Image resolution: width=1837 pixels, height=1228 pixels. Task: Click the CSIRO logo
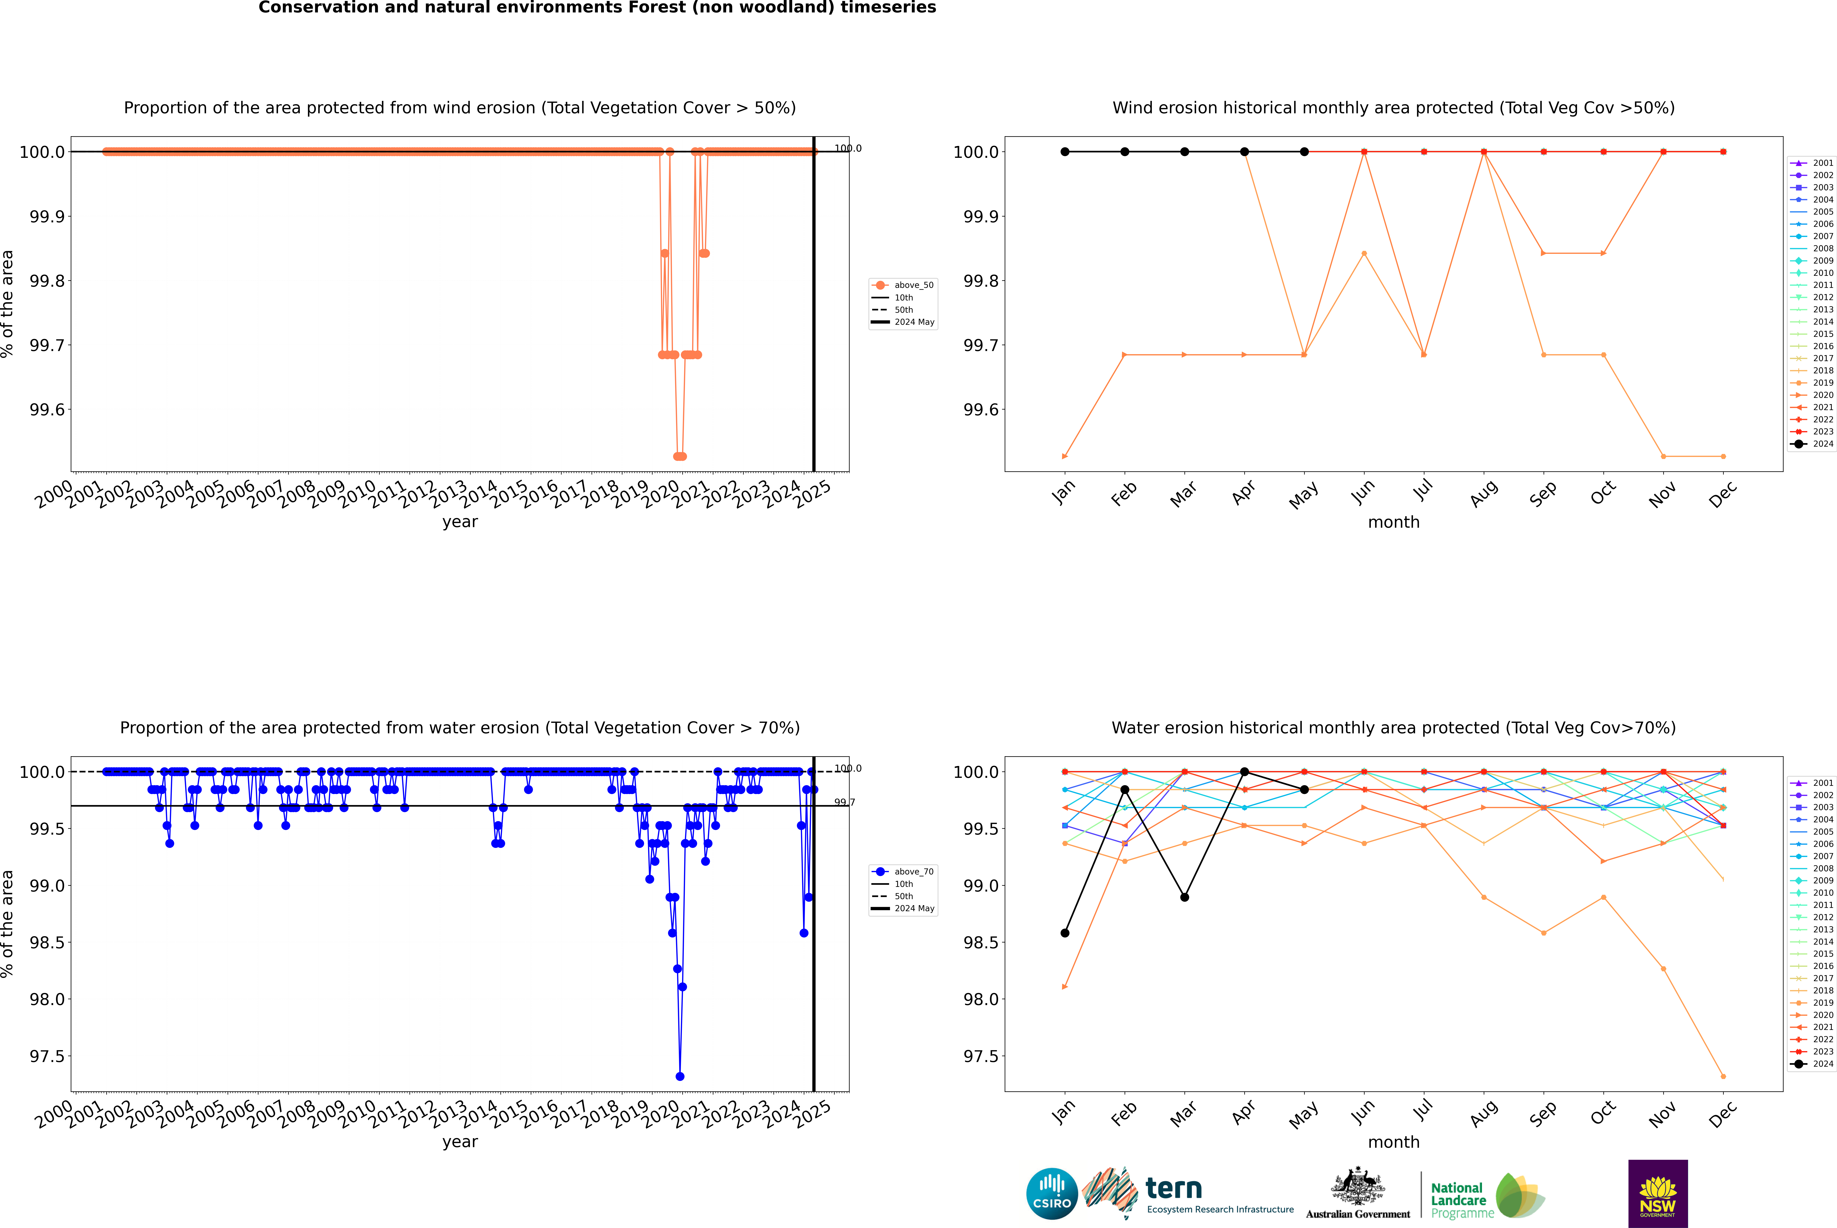coord(1052,1194)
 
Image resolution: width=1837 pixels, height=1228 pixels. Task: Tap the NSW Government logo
coord(1658,1194)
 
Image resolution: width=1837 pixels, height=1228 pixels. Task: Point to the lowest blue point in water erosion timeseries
coord(680,1076)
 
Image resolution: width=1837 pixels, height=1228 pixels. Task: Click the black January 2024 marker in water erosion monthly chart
coord(1065,933)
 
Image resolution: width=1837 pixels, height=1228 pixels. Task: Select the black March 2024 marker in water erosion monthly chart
coord(1185,897)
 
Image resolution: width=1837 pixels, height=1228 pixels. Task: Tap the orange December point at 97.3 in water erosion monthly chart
coord(1723,1076)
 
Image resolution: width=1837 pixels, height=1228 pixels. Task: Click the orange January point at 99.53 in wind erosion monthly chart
coord(1065,456)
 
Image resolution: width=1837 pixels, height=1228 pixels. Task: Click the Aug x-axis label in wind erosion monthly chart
coord(1484,493)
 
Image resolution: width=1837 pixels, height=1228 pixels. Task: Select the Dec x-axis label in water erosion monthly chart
coord(1723,1114)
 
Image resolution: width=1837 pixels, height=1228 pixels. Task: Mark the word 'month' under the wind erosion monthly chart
coord(1393,522)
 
